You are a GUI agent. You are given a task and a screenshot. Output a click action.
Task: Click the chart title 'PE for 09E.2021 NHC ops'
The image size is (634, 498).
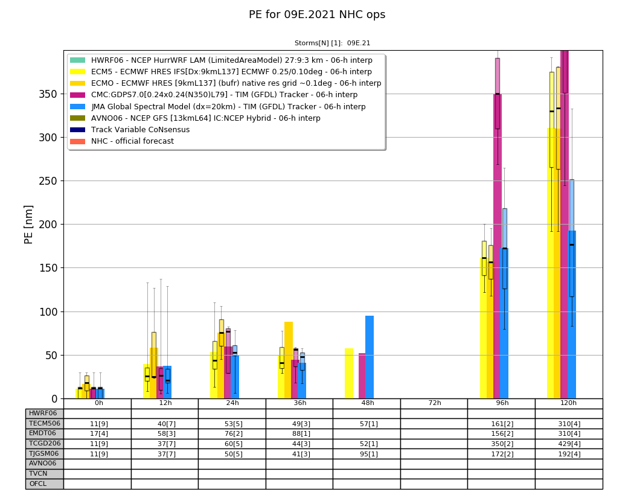[317, 15]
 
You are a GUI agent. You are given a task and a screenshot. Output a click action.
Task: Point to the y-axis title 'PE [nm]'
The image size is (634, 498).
[28, 225]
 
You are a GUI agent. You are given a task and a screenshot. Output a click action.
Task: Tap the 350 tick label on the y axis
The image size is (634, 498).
[48, 94]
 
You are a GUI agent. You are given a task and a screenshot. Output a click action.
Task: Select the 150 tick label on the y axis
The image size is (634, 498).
[48, 268]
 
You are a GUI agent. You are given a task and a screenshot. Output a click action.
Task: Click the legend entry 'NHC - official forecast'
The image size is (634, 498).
[132, 141]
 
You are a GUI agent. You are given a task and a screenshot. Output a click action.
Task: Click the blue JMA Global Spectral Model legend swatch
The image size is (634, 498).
[78, 107]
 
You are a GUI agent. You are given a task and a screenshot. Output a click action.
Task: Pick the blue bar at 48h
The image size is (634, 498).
[369, 357]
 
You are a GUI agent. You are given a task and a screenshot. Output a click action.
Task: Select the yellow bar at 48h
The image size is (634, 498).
[349, 374]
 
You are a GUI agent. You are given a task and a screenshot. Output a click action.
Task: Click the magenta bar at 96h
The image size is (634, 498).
[498, 246]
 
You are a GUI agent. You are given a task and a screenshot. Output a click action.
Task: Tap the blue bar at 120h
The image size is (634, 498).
[572, 315]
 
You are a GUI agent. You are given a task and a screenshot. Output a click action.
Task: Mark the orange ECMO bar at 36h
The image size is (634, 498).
[288, 360]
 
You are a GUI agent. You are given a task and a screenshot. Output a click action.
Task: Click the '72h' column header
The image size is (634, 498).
[434, 403]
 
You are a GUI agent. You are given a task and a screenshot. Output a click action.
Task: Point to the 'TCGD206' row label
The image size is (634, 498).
[45, 444]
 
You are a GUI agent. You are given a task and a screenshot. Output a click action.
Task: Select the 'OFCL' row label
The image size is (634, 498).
[38, 484]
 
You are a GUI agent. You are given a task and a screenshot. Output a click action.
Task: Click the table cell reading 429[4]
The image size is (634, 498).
[569, 444]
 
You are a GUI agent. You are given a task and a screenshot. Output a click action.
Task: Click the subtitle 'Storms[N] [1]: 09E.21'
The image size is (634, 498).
[332, 43]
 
